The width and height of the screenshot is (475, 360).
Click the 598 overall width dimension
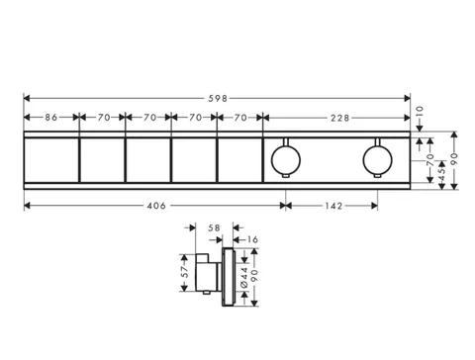pyautogui.click(x=218, y=98)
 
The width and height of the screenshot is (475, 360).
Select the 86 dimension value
pyautogui.click(x=51, y=118)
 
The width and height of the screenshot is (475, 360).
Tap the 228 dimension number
pyautogui.click(x=339, y=118)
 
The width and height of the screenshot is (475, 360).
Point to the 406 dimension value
pyautogui.click(x=156, y=206)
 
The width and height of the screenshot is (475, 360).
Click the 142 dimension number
pyautogui.click(x=333, y=206)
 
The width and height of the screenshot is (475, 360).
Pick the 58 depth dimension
pyautogui.click(x=214, y=227)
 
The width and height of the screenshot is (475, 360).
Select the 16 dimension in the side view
pyautogui.click(x=252, y=239)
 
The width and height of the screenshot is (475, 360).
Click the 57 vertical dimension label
pyautogui.click(x=185, y=271)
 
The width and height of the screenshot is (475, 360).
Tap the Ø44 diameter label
pyautogui.click(x=244, y=278)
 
